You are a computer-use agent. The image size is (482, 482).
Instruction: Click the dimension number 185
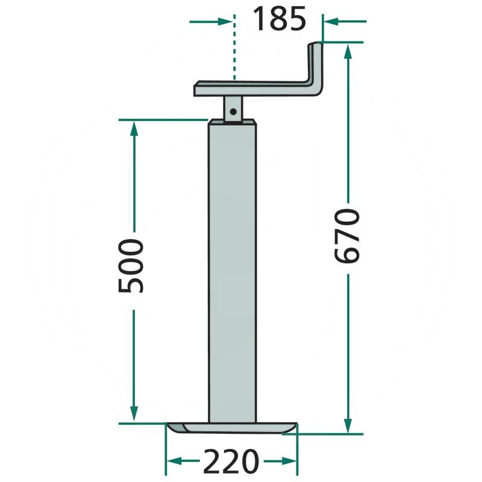(279, 19)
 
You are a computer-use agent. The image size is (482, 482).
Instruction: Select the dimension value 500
(131, 266)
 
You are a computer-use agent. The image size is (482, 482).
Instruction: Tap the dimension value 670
(347, 236)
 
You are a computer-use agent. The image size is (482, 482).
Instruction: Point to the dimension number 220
(230, 462)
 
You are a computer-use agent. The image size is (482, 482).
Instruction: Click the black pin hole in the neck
(233, 111)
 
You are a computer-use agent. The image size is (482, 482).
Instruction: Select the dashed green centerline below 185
(234, 47)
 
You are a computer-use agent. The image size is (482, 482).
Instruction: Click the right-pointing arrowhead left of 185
(225, 22)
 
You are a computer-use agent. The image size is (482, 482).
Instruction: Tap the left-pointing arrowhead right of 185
(331, 22)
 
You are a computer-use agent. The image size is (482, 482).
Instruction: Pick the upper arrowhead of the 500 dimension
(134, 128)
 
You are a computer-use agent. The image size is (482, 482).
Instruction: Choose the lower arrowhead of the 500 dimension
(134, 414)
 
